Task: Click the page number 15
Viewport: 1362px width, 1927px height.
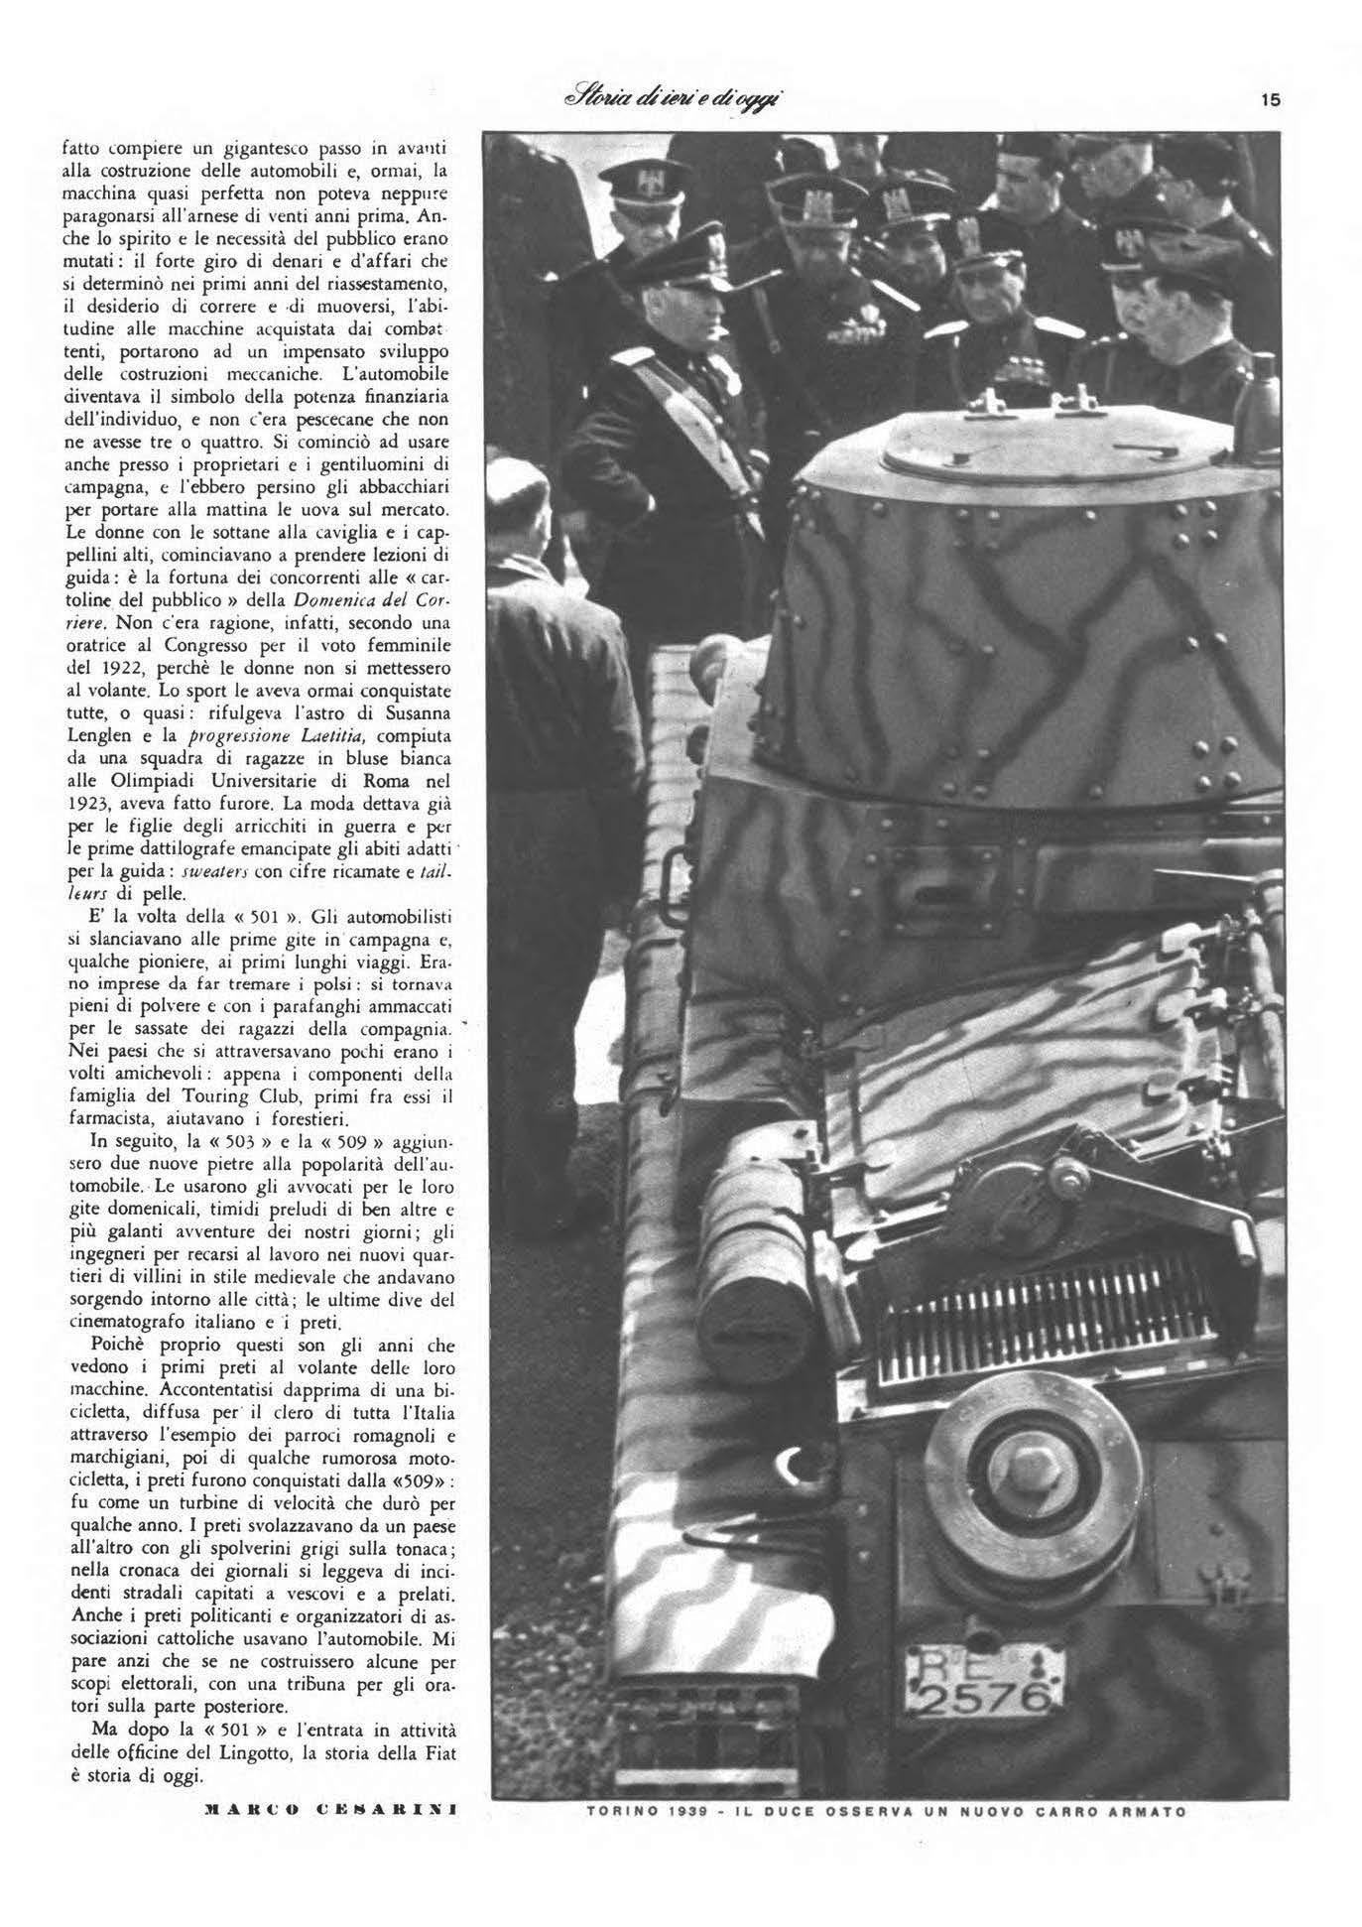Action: point(1271,99)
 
